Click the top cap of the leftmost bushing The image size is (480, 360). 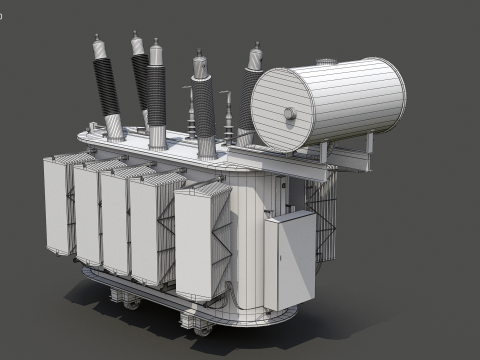98,45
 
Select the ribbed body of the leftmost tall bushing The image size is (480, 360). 106,85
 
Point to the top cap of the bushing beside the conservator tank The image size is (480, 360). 255,53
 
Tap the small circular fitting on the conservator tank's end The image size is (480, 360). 291,114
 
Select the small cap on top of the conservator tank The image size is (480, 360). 324,62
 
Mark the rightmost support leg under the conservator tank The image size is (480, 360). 368,143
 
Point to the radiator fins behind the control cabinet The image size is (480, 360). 323,215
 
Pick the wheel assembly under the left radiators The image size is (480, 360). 125,297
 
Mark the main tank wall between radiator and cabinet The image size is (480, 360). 250,240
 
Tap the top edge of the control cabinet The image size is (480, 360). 290,213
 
